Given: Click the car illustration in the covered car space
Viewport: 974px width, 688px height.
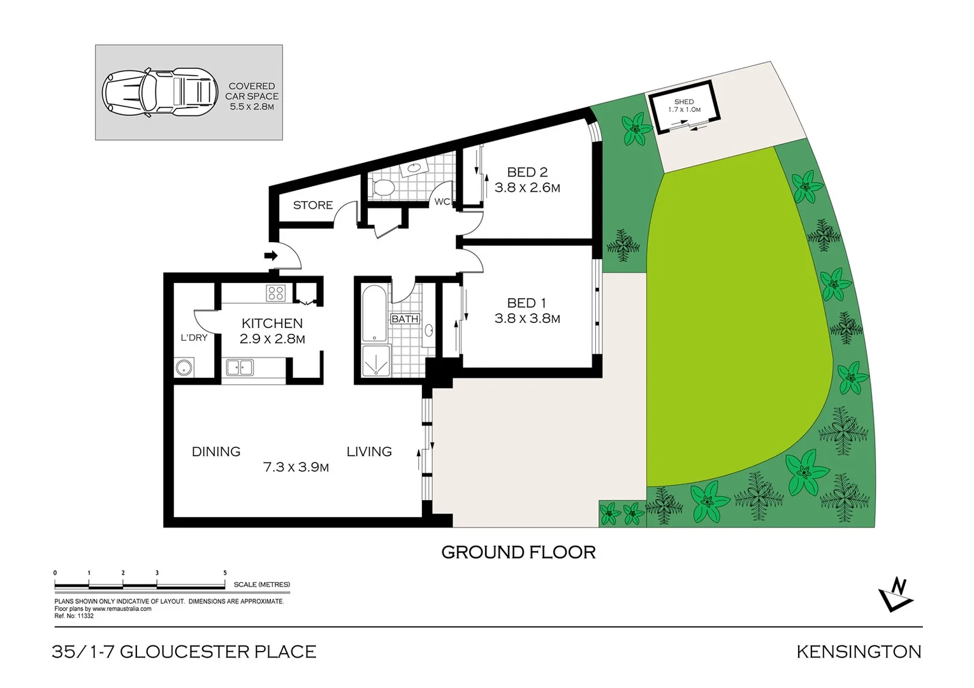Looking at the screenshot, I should coord(156,92).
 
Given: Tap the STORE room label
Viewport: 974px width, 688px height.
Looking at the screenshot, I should coord(312,205).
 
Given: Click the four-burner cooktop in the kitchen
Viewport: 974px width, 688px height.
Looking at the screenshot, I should coord(275,293).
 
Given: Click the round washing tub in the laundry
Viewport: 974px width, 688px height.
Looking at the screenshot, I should coord(184,368).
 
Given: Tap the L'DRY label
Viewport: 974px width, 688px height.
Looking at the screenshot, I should coord(194,338).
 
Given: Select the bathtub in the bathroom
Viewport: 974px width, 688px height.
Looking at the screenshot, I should coord(372,314).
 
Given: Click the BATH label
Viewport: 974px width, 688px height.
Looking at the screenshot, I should coord(405,319).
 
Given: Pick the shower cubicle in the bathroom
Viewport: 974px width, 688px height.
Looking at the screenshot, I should coord(375,362).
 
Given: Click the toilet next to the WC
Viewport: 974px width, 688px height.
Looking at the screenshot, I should coord(383,187).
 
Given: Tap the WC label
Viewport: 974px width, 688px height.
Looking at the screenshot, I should coord(442,202).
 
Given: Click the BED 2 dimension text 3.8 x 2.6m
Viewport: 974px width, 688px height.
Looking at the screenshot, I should coord(527,188).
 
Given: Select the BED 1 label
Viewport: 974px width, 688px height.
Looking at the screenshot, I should coord(527,303).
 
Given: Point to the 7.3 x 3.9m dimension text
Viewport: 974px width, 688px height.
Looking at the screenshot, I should coord(296,467).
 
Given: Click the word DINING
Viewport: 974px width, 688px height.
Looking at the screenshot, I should coord(216,452).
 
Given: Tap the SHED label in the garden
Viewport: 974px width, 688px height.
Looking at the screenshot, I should coord(683,102).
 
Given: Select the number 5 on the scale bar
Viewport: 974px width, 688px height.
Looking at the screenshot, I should coord(225,573).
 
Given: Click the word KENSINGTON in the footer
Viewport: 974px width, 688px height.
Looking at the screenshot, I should coord(859,652).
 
